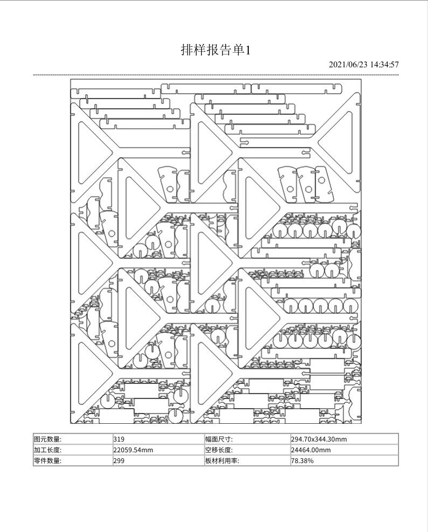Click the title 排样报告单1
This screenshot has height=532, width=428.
[215, 50]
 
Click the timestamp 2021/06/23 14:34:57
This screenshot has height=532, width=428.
[363, 65]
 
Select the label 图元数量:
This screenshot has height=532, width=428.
[48, 439]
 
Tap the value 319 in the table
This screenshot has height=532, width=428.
[118, 439]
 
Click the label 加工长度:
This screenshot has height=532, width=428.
[48, 450]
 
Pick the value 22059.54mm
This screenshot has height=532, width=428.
[133, 450]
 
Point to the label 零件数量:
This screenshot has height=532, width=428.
[48, 461]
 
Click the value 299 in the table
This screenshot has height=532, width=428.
[118, 461]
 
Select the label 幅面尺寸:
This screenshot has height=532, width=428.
[219, 439]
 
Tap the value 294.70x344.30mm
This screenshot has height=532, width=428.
[319, 439]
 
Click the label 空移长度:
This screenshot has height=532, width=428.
[219, 450]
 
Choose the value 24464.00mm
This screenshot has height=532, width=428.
[311, 450]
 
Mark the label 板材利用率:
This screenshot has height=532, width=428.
[222, 461]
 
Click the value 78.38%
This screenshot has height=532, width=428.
[302, 461]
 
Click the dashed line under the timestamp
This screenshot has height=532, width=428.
[216, 75]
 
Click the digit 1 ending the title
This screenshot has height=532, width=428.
[248, 51]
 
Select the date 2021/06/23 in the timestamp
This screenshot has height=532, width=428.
[348, 65]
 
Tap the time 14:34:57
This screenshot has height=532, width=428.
[384, 65]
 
